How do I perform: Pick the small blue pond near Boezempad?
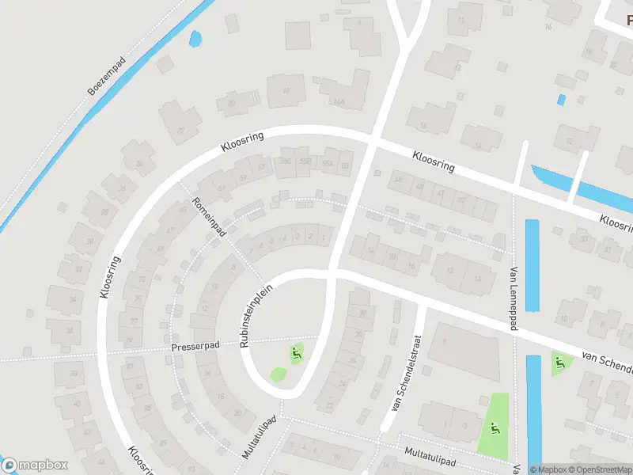click(195, 37)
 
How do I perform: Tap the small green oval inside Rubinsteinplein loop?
click(278, 374)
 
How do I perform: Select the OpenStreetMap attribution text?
click(597, 469)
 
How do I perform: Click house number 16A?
click(339, 101)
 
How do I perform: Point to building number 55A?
click(328, 163)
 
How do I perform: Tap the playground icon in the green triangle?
click(561, 363)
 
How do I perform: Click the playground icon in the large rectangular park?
click(495, 428)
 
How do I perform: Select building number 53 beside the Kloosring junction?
click(377, 173)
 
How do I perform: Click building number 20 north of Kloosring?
click(232, 102)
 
